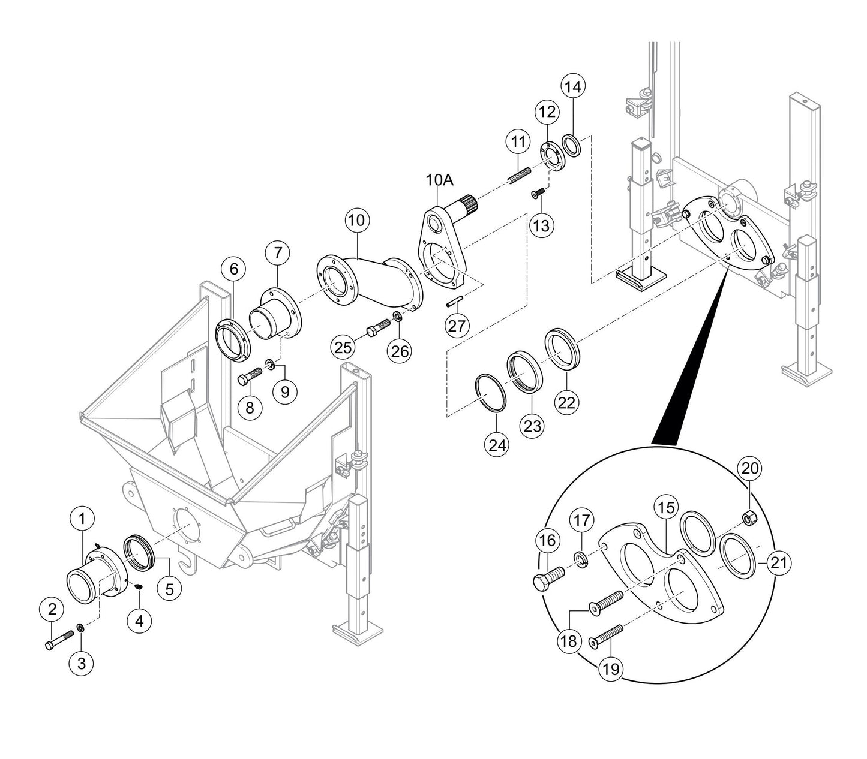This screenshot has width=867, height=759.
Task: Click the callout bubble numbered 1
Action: pyautogui.click(x=83, y=517)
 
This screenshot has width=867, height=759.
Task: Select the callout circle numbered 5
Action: pyautogui.click(x=170, y=589)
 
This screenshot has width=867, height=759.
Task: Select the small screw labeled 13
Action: pyautogui.click(x=538, y=193)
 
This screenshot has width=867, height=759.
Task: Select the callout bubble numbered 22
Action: pyautogui.click(x=566, y=403)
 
